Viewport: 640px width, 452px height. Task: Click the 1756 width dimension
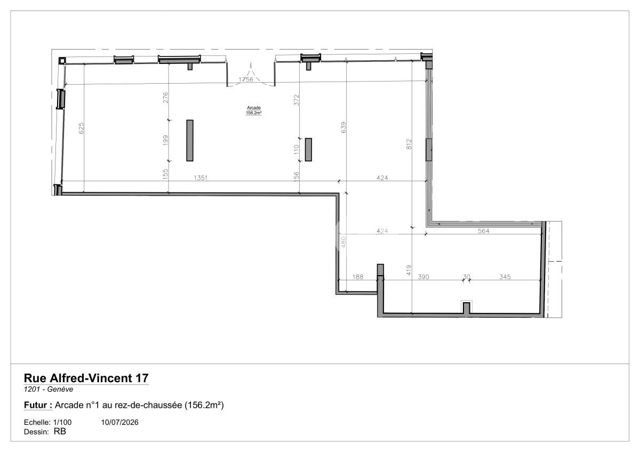pos(246,79)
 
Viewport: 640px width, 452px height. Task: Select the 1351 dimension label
pos(201,178)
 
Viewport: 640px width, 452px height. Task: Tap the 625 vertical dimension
pos(81,128)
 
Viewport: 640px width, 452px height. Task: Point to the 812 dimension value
pos(409,144)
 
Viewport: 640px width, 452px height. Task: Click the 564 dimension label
pos(483,231)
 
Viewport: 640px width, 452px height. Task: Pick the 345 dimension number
pos(505,277)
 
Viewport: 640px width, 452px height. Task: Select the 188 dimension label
pos(358,277)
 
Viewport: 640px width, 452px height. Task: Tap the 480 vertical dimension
pos(343,242)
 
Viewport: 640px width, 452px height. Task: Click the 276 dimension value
pos(165,98)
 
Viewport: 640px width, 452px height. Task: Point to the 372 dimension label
pos(297,100)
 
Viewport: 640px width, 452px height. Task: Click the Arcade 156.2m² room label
pos(254,110)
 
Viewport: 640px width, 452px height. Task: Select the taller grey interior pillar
pos(190,141)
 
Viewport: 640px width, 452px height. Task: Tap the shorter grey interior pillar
pos(308,150)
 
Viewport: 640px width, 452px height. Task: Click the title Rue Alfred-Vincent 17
pos(86,378)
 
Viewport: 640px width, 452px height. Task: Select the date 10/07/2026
pos(119,422)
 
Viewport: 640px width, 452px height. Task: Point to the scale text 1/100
pos(62,422)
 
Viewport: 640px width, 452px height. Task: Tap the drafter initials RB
pos(60,431)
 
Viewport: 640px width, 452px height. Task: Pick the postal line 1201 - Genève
pos(49,389)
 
